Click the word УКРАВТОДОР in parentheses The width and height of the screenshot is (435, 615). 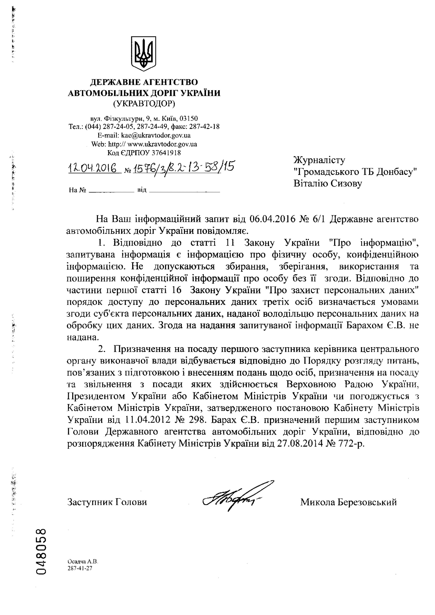pos(144,104)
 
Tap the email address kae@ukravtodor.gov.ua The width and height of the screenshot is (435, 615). pos(156,136)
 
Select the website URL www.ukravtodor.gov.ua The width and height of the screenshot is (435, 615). pos(162,144)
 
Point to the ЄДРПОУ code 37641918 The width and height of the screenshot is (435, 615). pos(166,153)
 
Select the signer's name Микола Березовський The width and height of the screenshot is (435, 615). pos(348,502)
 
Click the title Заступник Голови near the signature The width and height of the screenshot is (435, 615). pos(107,502)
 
